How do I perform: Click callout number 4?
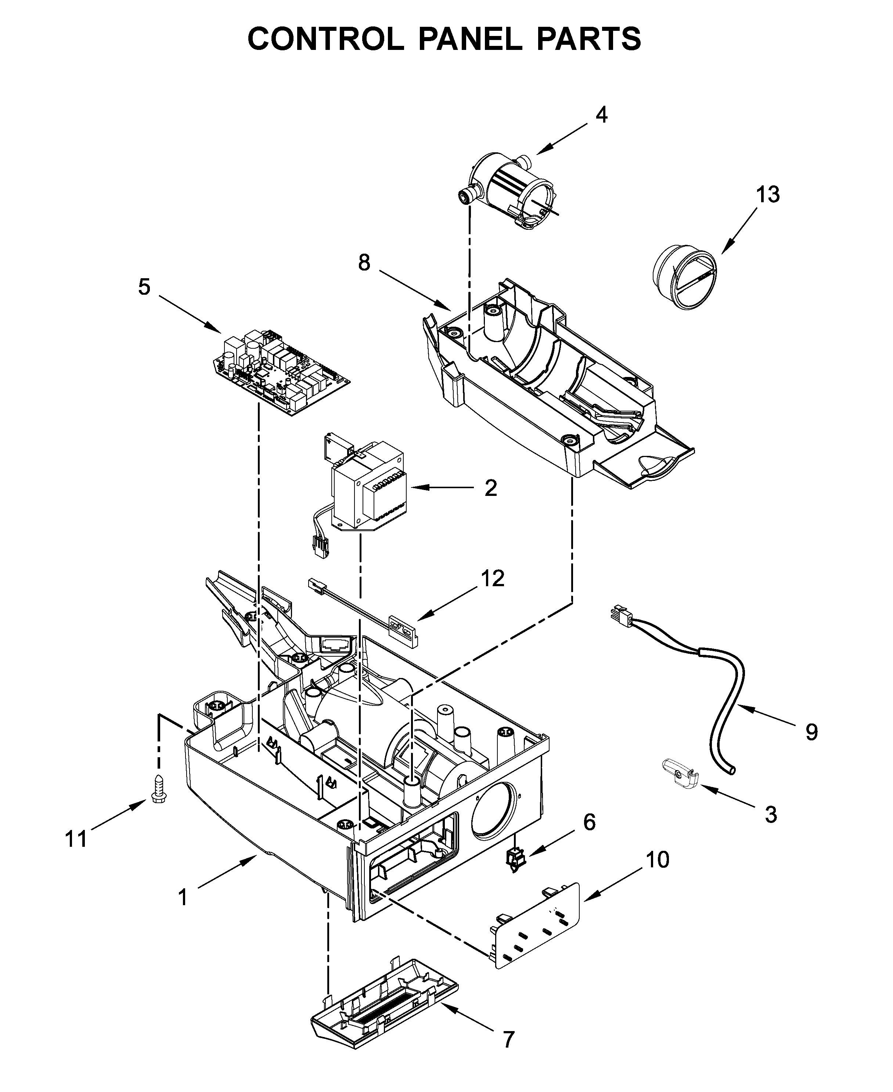coord(601,115)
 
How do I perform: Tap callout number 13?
coord(767,195)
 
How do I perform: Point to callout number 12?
coord(493,578)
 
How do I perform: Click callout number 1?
coord(183,897)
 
